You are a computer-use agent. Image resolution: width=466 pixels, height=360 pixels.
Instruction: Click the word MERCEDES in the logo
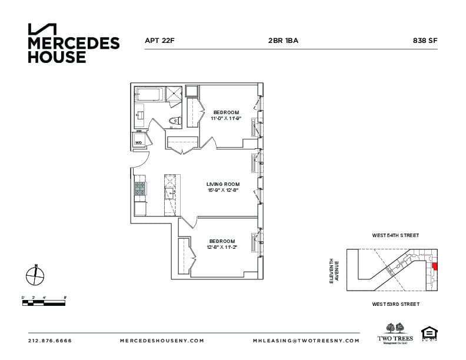pos(74,44)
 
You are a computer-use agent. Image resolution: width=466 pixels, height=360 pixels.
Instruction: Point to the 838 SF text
pos(425,41)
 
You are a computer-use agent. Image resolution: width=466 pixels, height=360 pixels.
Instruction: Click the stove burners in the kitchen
pos(140,188)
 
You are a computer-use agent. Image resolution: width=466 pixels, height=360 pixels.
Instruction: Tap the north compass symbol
pos(35,275)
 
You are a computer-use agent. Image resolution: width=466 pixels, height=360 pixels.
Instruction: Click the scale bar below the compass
pos(44,303)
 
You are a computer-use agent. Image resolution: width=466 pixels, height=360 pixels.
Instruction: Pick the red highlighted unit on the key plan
pos(435,266)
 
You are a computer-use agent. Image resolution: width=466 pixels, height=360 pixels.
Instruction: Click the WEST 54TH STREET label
pos(395,235)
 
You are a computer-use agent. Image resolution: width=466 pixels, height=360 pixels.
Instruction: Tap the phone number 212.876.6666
pos(49,341)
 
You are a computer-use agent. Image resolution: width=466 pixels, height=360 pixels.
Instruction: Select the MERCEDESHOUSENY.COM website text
pos(162,341)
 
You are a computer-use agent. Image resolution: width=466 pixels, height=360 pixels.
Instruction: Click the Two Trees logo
pos(395,334)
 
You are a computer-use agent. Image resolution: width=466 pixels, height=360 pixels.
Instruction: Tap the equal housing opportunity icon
pos(429,334)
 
